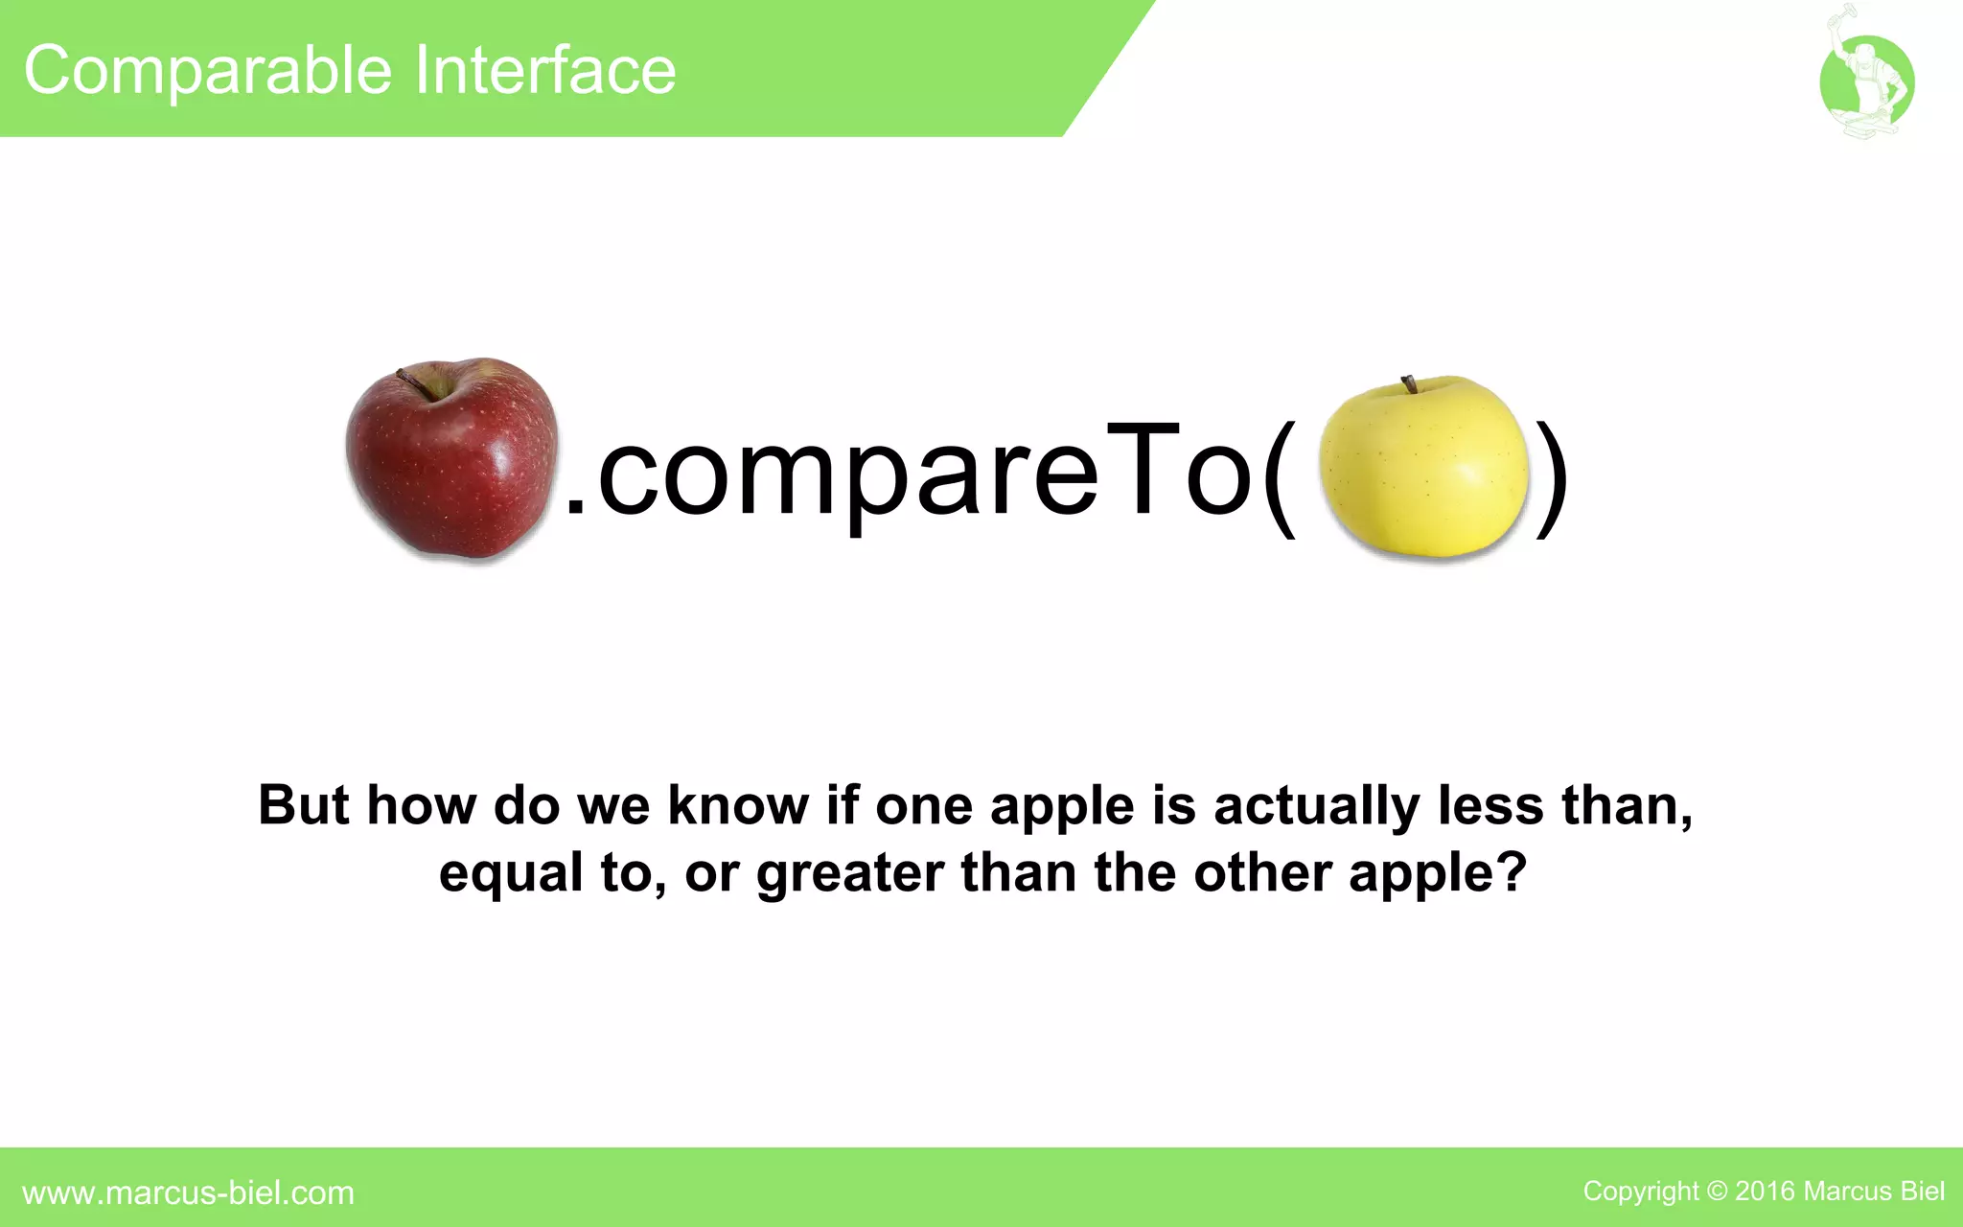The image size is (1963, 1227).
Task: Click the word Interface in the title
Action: [545, 71]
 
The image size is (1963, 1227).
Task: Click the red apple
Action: [451, 460]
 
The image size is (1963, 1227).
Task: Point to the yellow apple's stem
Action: [1409, 384]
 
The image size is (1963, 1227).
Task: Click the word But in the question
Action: [304, 805]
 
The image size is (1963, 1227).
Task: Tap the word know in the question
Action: [738, 805]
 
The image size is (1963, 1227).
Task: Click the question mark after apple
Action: [1511, 871]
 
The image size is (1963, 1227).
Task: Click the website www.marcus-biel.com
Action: [188, 1192]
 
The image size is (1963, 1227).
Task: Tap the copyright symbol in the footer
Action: [1717, 1192]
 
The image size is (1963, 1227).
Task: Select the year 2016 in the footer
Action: [1765, 1192]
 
